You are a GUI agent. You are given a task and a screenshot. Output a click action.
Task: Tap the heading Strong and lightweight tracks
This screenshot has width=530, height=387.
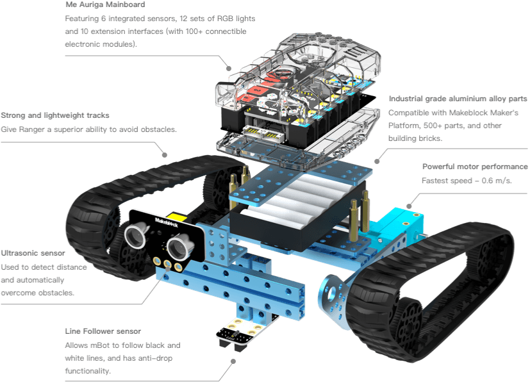pos(55,115)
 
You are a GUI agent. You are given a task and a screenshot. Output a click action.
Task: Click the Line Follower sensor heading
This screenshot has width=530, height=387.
pos(103,331)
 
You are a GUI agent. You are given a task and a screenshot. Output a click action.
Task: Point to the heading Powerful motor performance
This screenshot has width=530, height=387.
pos(475,167)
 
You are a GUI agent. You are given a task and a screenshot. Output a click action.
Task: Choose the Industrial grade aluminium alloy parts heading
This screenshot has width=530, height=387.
pos(458,99)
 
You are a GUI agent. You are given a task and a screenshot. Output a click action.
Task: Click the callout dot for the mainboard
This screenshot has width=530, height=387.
pos(229,67)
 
